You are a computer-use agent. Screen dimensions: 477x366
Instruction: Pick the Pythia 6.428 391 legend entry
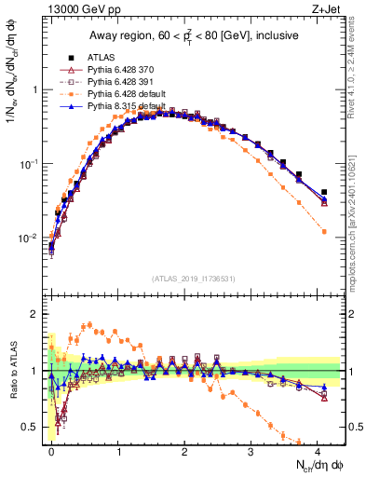117,82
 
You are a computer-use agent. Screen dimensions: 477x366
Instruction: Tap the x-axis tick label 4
318,449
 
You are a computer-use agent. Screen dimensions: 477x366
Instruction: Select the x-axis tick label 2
184,449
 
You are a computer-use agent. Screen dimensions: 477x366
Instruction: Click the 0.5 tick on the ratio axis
34,427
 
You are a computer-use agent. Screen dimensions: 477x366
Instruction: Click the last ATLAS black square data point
324,192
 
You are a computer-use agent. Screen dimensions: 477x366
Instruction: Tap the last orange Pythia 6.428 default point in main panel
324,231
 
